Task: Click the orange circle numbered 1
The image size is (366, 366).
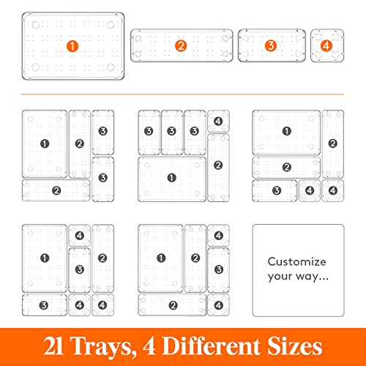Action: point(72,45)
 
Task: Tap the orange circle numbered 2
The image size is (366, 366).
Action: point(180,45)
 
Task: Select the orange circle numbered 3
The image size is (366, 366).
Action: point(271,45)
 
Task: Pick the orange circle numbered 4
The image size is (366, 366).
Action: point(326,45)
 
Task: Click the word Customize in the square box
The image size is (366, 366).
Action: point(297,261)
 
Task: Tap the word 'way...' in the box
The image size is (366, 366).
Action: point(312,276)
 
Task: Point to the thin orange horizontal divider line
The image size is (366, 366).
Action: point(183,94)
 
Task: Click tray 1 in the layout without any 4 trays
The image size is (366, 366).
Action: point(44,143)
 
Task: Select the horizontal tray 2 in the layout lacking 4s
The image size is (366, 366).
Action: point(56,190)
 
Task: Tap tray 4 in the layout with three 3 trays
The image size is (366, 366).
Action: point(218,122)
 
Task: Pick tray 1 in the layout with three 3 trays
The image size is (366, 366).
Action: point(171,178)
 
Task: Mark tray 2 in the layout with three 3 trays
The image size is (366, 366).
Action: point(218,165)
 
